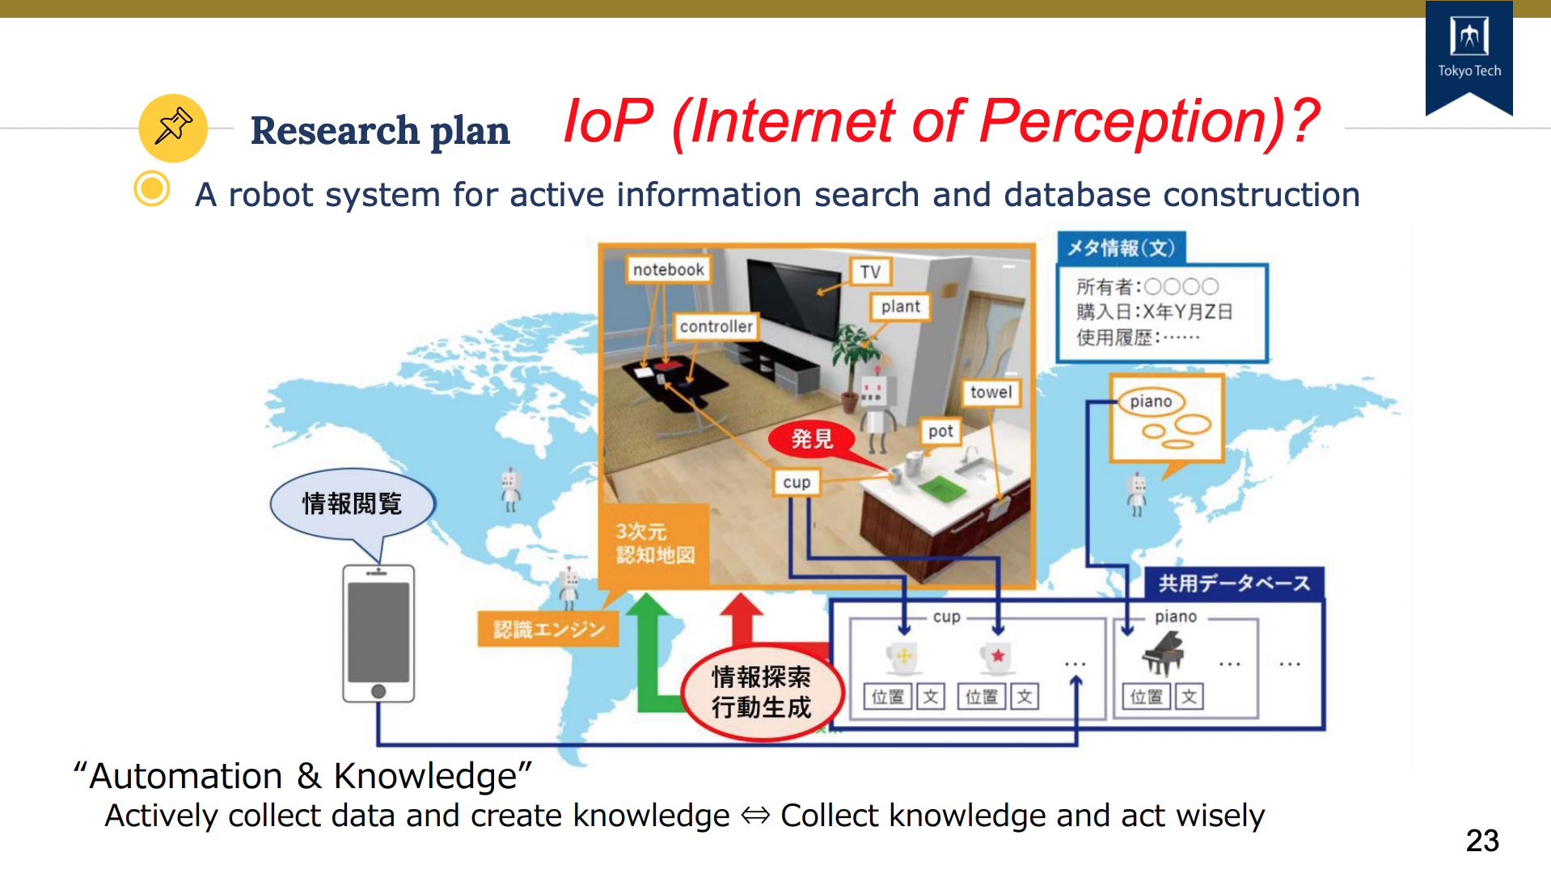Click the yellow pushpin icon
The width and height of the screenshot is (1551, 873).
[173, 128]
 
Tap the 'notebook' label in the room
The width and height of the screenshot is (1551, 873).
[668, 269]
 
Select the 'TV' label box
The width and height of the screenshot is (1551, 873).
[870, 272]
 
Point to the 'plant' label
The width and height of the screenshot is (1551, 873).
[901, 306]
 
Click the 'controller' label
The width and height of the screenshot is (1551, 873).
[716, 327]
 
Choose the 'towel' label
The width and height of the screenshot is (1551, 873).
[991, 392]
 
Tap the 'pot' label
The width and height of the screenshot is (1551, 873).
[940, 431]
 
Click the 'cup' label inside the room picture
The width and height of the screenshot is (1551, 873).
[797, 483]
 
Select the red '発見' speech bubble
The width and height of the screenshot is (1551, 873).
[812, 439]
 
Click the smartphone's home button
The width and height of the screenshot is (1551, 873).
[378, 691]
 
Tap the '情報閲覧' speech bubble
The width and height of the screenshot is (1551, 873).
[353, 504]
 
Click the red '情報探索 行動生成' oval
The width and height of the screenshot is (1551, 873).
[761, 692]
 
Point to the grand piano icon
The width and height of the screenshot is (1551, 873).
[1163, 653]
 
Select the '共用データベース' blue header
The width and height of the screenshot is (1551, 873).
[1234, 583]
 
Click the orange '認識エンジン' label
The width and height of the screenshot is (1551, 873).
[549, 629]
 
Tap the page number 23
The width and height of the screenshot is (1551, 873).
[1482, 841]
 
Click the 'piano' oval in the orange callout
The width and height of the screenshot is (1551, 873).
[1151, 402]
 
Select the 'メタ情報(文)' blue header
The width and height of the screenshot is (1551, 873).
[1122, 248]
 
